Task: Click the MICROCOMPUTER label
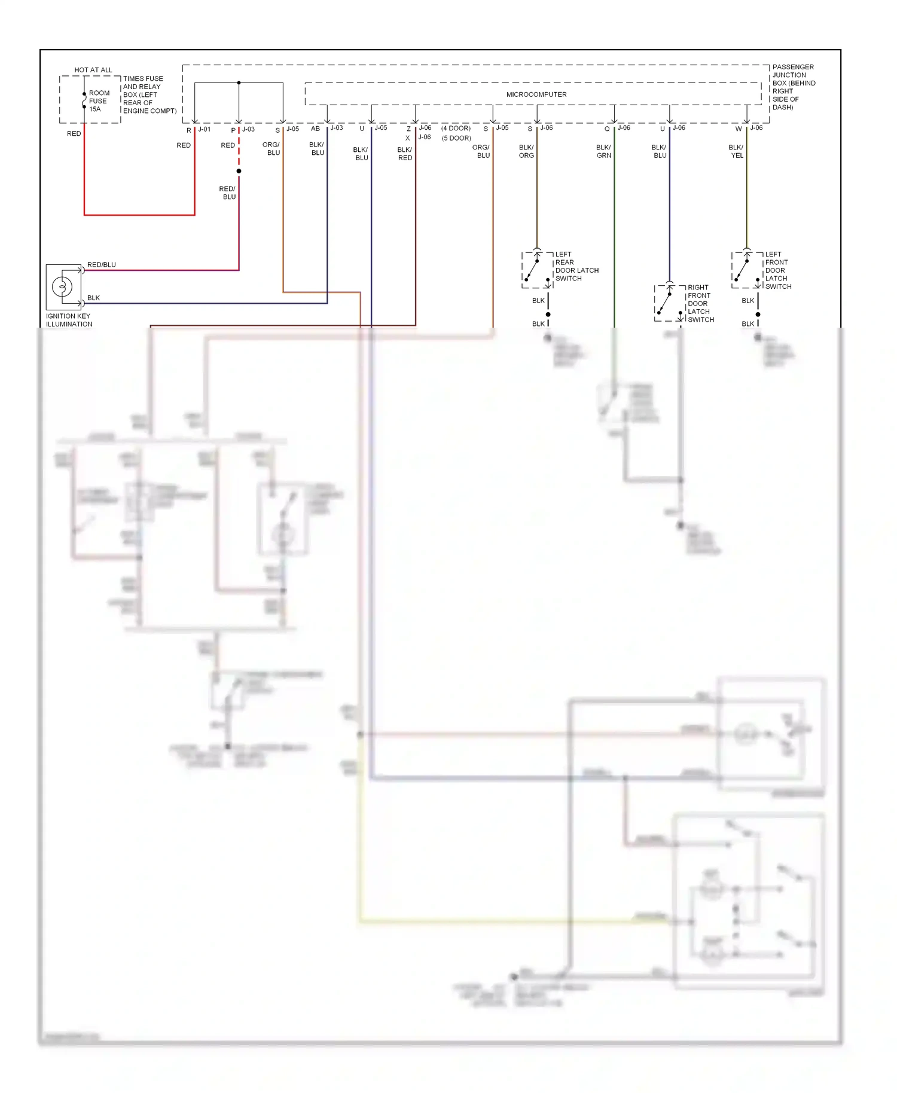click(536, 94)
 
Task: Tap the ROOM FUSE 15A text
click(99, 101)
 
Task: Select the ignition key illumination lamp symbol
click(63, 287)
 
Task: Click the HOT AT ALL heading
click(93, 70)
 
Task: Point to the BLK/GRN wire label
click(603, 151)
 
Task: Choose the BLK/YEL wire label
click(736, 151)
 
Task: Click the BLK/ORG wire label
click(526, 151)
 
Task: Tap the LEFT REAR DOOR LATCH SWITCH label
click(576, 266)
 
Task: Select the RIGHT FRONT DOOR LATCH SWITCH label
click(700, 303)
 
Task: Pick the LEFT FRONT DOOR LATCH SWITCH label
click(777, 270)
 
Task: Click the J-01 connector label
click(205, 129)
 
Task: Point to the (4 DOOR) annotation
click(456, 129)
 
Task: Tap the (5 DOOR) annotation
click(456, 138)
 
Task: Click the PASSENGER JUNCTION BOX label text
click(793, 87)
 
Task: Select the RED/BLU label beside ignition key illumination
click(102, 264)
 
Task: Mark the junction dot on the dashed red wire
click(239, 171)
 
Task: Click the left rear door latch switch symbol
click(537, 270)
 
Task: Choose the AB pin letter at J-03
click(315, 129)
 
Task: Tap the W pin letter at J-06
click(739, 129)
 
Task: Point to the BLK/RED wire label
click(405, 154)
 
